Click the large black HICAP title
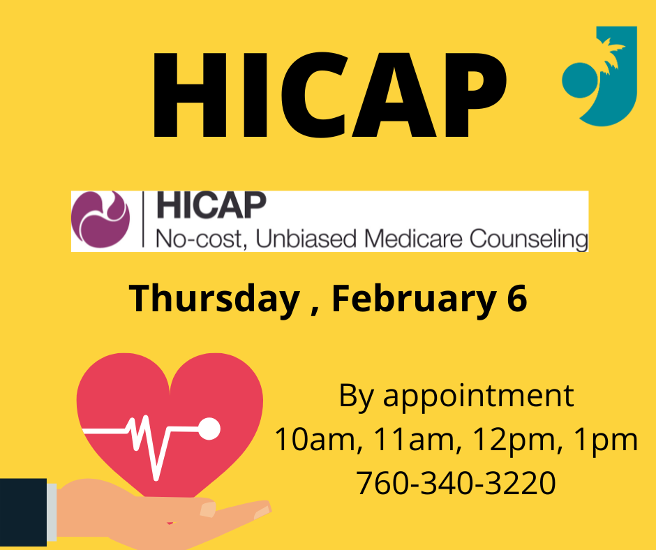coord(329,95)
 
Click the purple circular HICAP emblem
coord(100,219)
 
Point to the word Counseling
coord(529,239)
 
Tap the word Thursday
coord(214,299)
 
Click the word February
coord(413,299)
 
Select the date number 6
coord(516,297)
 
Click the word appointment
coord(478,396)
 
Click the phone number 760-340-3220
coord(456,482)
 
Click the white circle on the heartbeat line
coord(209,429)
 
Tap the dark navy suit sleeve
coord(24,512)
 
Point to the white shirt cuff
coord(52,512)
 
